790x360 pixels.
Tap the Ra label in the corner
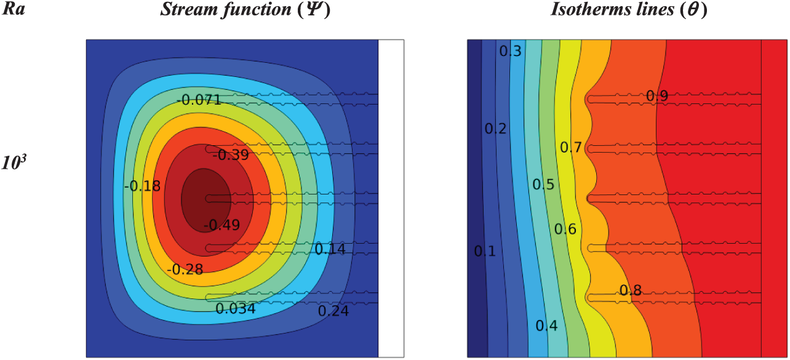coord(15,10)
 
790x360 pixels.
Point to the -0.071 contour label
coord(199,100)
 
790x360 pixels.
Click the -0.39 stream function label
coord(230,155)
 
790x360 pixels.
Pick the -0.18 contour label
coord(142,186)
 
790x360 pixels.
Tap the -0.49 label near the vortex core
coord(221,225)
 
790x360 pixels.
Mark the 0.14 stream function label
coord(330,249)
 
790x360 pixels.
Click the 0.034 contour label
coord(236,308)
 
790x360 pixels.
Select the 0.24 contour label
coord(333,311)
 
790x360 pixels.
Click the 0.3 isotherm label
coord(510,52)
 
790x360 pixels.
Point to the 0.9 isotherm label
coord(657,96)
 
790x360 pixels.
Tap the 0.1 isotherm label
coord(484,251)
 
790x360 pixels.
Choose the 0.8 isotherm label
coord(630,291)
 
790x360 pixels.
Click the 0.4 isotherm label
coord(546,326)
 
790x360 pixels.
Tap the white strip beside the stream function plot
coord(391,197)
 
